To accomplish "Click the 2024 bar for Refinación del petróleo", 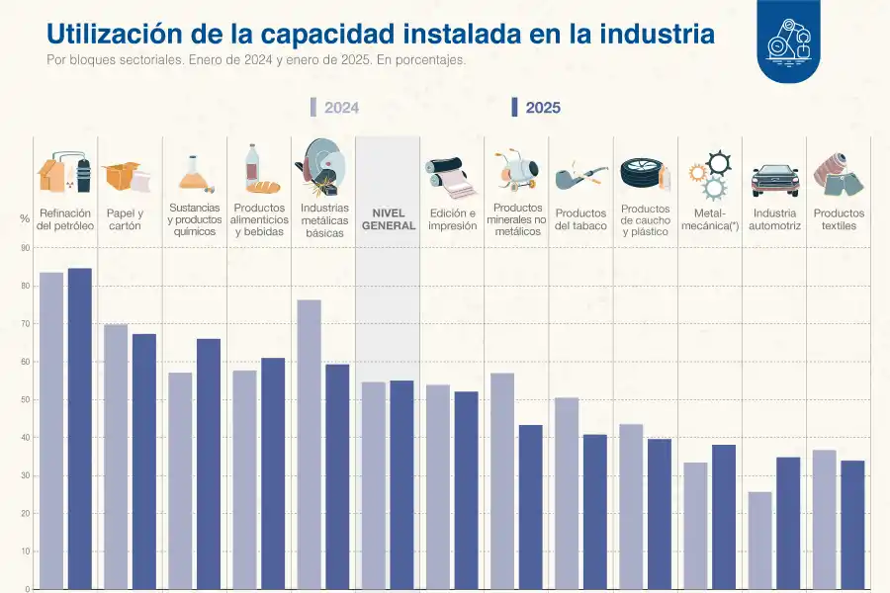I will [51, 430].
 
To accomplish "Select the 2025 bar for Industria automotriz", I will [788, 523].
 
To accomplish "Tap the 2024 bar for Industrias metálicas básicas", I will [309, 444].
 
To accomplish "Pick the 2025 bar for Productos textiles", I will [852, 525].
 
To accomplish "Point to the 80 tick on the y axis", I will [26, 286].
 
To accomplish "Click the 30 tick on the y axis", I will [26, 475].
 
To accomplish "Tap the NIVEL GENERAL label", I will [389, 219].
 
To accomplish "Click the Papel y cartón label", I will [126, 219].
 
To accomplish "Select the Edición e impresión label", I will [452, 219].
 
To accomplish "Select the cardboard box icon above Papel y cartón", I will [126, 176].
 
